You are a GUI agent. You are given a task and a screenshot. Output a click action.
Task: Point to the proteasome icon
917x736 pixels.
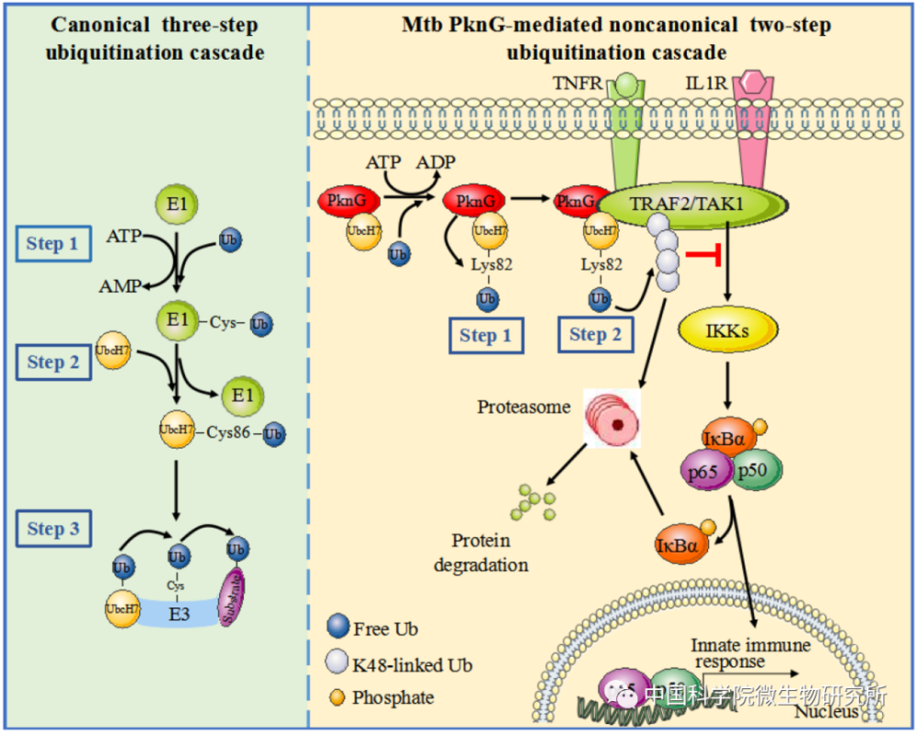[x=613, y=419]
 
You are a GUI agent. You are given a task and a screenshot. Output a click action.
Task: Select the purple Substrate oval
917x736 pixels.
[x=237, y=597]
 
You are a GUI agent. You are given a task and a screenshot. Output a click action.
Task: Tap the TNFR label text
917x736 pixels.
[x=578, y=84]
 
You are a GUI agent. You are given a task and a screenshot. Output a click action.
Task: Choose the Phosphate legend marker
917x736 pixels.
[x=337, y=697]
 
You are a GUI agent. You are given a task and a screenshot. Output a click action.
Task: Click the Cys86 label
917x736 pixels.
[x=229, y=433]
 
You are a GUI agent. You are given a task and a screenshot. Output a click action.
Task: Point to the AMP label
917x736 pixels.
[x=120, y=286]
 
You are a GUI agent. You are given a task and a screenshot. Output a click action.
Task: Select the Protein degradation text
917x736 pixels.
[x=482, y=552]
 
